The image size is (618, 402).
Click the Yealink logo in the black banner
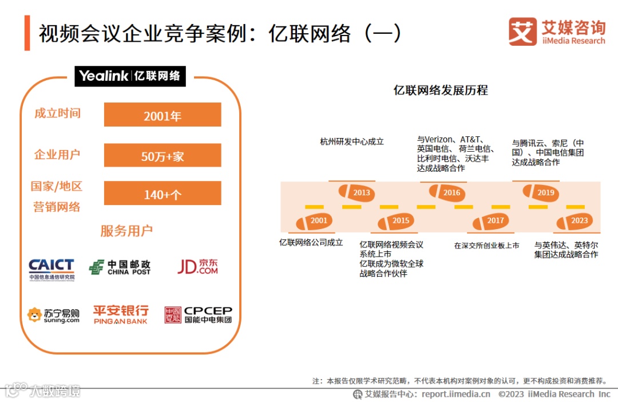pos(130,76)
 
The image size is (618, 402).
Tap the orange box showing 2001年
pos(163,115)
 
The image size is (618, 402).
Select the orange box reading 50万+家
pos(163,155)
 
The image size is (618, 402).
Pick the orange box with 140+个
pos(163,194)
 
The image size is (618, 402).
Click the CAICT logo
pos(51,269)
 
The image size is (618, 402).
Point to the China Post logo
pos(120,267)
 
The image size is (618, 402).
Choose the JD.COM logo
pos(197,266)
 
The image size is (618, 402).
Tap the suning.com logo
pos(53,315)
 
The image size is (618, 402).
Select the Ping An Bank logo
pos(121,314)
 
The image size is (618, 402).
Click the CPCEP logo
pos(198,314)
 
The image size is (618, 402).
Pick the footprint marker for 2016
pos(446,192)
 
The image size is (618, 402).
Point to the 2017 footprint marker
pos(490,221)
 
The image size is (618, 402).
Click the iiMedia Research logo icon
pos(522,31)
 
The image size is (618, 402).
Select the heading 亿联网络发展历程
pos(441,90)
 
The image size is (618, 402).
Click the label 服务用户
pos(126,231)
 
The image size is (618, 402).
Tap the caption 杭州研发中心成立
pos(352,141)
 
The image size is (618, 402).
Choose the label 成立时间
pos(57,113)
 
